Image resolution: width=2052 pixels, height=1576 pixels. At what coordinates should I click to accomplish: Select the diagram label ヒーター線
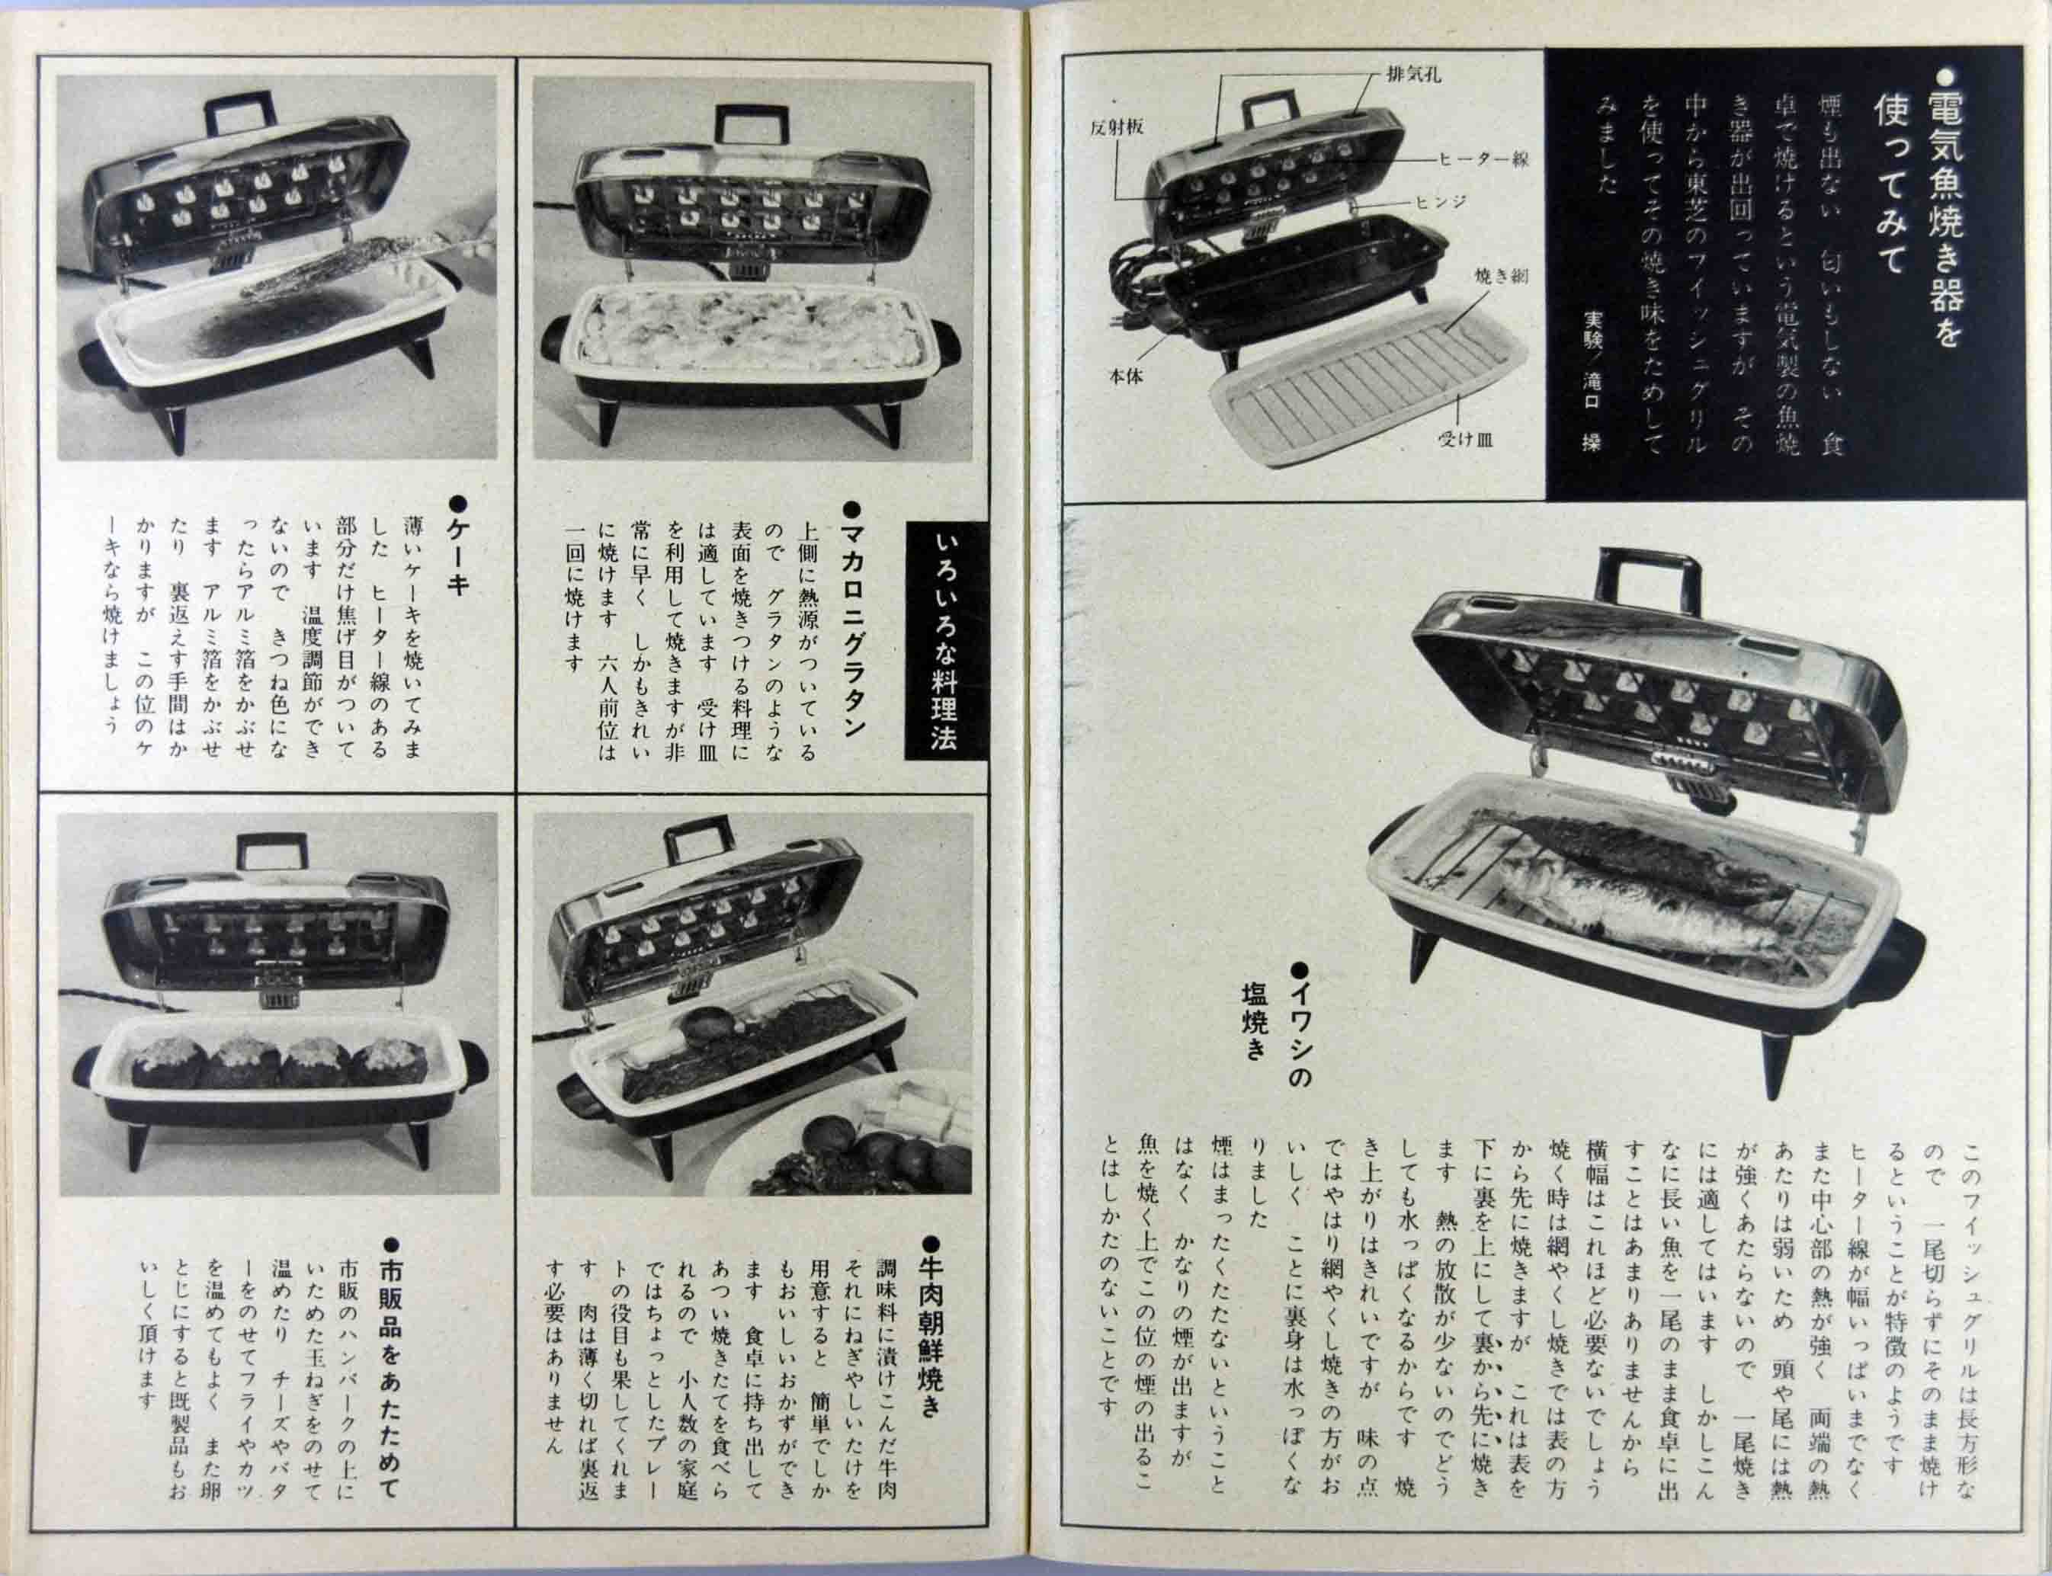coord(1486,160)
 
